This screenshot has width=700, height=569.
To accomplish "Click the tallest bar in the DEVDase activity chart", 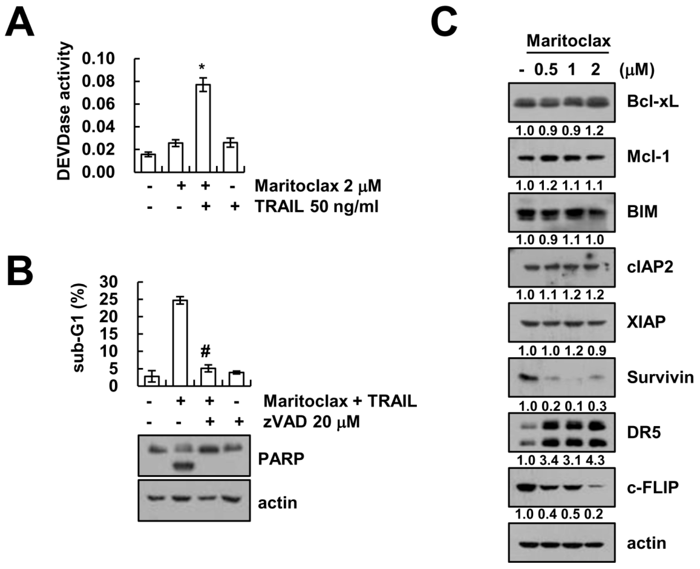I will tap(203, 128).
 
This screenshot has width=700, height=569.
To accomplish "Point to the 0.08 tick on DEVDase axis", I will tap(98, 82).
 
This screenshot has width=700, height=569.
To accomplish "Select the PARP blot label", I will tap(281, 459).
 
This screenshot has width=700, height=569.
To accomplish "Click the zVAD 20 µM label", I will tap(311, 422).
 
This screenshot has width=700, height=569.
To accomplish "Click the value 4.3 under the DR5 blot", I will tap(595, 460).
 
